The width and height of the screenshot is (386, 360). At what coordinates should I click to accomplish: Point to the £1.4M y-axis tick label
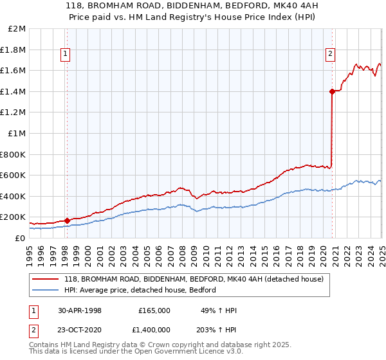click(x=14, y=91)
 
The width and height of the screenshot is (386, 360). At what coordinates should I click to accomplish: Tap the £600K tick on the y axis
click(x=14, y=175)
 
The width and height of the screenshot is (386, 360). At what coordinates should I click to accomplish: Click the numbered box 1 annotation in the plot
click(x=66, y=54)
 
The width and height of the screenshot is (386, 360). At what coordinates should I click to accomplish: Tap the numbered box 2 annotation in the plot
click(x=330, y=54)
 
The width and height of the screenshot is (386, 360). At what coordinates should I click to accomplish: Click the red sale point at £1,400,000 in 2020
click(x=332, y=91)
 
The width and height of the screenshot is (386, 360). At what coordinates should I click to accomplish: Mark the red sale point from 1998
click(x=67, y=221)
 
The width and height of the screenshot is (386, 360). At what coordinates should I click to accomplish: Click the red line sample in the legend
click(x=46, y=279)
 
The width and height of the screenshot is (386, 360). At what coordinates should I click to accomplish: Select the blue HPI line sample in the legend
click(x=46, y=290)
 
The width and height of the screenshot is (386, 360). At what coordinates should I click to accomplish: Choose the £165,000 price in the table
click(x=154, y=310)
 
